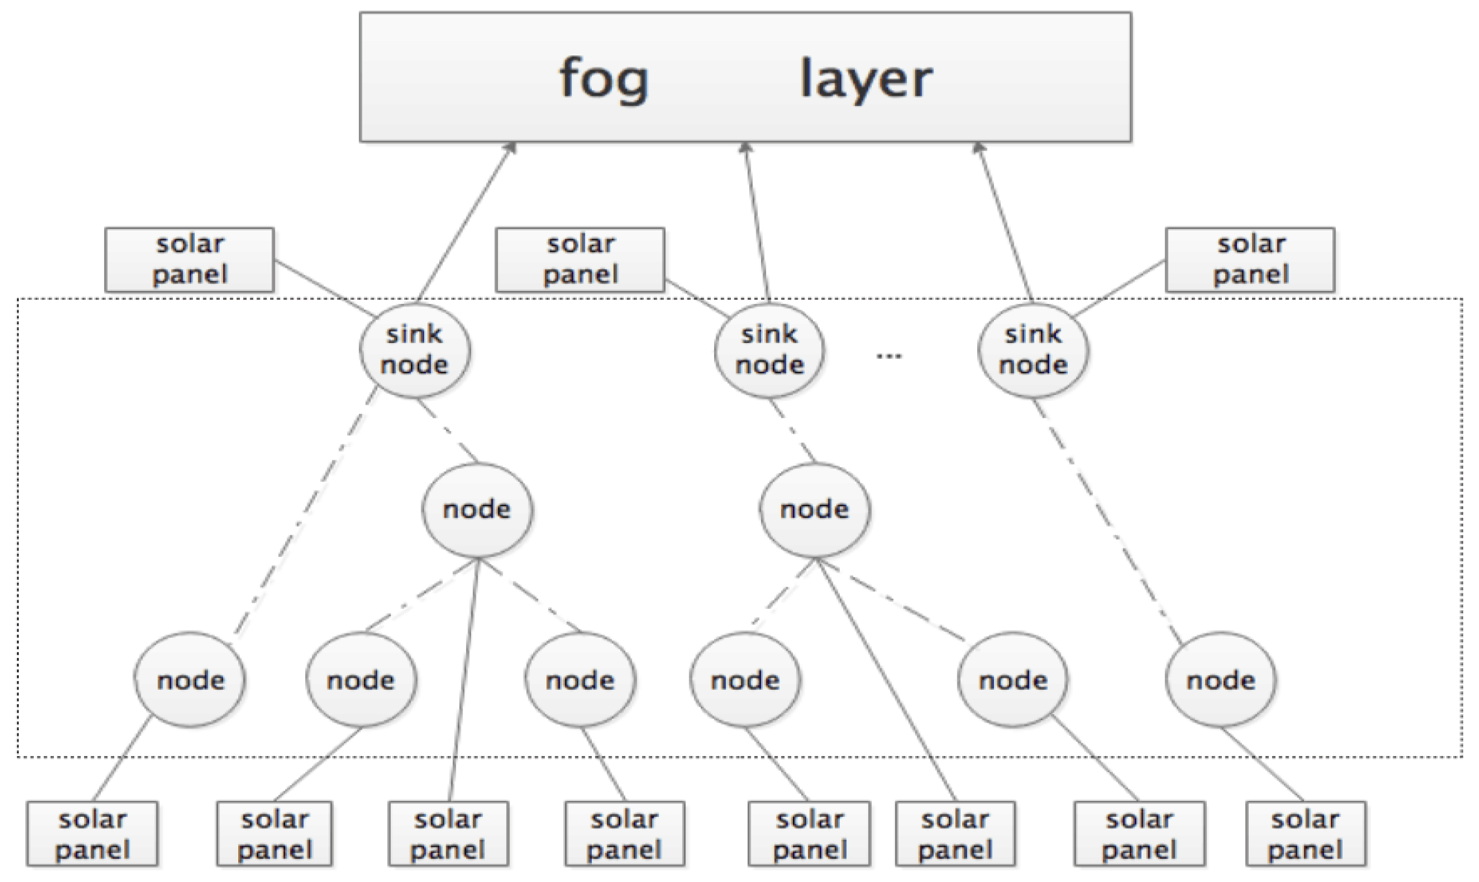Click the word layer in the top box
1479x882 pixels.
(x=866, y=79)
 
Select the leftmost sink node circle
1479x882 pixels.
(x=414, y=350)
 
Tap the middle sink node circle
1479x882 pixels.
(x=769, y=350)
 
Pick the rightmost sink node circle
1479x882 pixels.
(x=1033, y=350)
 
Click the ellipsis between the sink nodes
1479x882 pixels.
(x=889, y=356)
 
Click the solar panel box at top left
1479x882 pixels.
(x=190, y=260)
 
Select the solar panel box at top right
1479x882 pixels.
(x=1250, y=260)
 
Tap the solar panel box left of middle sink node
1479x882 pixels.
(x=580, y=260)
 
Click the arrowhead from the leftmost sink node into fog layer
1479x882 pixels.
(x=510, y=148)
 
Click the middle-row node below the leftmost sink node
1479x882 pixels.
(x=478, y=510)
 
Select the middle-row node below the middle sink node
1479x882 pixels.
(x=814, y=510)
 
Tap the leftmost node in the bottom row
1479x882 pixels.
(x=190, y=680)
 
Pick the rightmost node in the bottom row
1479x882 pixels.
(x=1220, y=680)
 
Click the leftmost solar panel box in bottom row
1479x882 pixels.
(x=92, y=834)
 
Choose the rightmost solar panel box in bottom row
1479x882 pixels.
(x=1305, y=834)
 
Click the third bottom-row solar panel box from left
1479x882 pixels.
(x=448, y=834)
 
